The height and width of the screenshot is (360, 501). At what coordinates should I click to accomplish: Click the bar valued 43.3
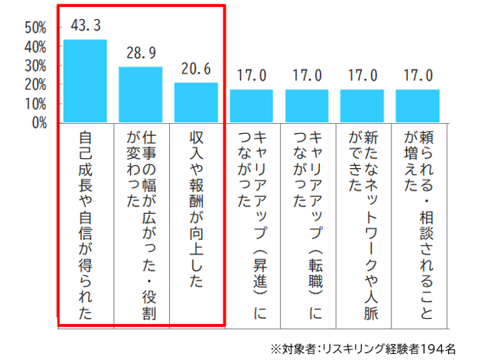85,80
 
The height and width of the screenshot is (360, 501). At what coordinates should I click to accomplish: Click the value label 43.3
85,26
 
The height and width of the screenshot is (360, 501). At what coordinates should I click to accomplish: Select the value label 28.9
140,54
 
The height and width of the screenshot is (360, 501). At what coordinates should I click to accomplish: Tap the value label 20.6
196,69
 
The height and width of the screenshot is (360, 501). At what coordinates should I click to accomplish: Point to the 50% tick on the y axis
36,28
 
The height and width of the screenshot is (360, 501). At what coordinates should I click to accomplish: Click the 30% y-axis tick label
36,66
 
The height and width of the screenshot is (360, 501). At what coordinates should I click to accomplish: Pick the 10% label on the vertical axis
36,103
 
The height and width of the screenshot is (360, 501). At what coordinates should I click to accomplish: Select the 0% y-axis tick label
39,122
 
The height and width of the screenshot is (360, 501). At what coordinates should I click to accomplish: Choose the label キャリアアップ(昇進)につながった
251,222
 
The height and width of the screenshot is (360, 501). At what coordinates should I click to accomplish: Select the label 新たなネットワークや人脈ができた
362,214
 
